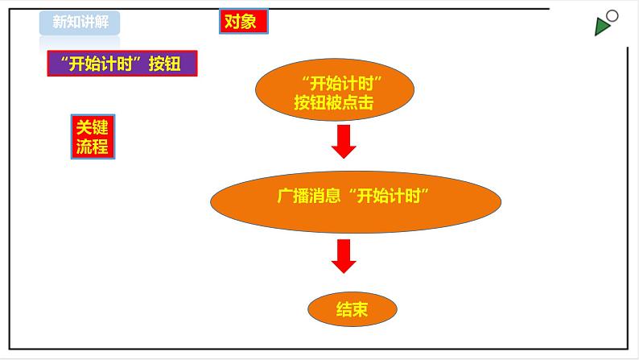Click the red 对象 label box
click(244, 21)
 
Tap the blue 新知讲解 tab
click(80, 23)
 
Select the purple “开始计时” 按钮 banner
click(122, 63)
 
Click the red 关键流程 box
click(93, 137)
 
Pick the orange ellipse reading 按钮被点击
click(335, 89)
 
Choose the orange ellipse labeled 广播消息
click(356, 202)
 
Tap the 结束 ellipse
click(352, 309)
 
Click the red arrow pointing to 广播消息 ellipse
click(344, 142)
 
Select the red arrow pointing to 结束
click(344, 256)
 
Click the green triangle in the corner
click(601, 27)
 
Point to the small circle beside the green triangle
click(612, 16)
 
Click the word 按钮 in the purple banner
click(165, 64)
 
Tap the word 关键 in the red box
click(93, 127)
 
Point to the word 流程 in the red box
click(93, 147)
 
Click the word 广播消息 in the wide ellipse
click(309, 196)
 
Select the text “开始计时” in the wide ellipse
click(389, 196)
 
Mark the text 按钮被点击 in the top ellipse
click(334, 102)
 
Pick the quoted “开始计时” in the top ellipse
click(341, 84)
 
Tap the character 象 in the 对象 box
click(248, 22)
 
